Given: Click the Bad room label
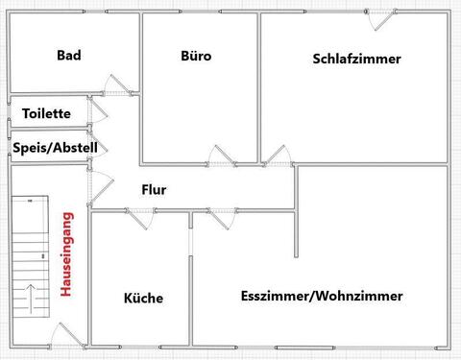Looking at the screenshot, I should [x=68, y=56].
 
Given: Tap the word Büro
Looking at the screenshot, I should [x=196, y=56].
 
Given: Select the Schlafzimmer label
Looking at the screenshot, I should [x=356, y=59].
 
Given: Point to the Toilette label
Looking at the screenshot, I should [x=46, y=113].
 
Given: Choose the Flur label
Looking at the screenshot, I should [x=154, y=190].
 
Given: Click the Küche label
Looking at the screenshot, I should [x=143, y=298].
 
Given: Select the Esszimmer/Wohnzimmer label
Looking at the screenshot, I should [x=322, y=296].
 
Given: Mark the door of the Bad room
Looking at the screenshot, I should [x=110, y=85].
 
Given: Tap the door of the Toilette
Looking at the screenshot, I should [x=96, y=114].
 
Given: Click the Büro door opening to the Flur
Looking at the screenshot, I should [x=220, y=157].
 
